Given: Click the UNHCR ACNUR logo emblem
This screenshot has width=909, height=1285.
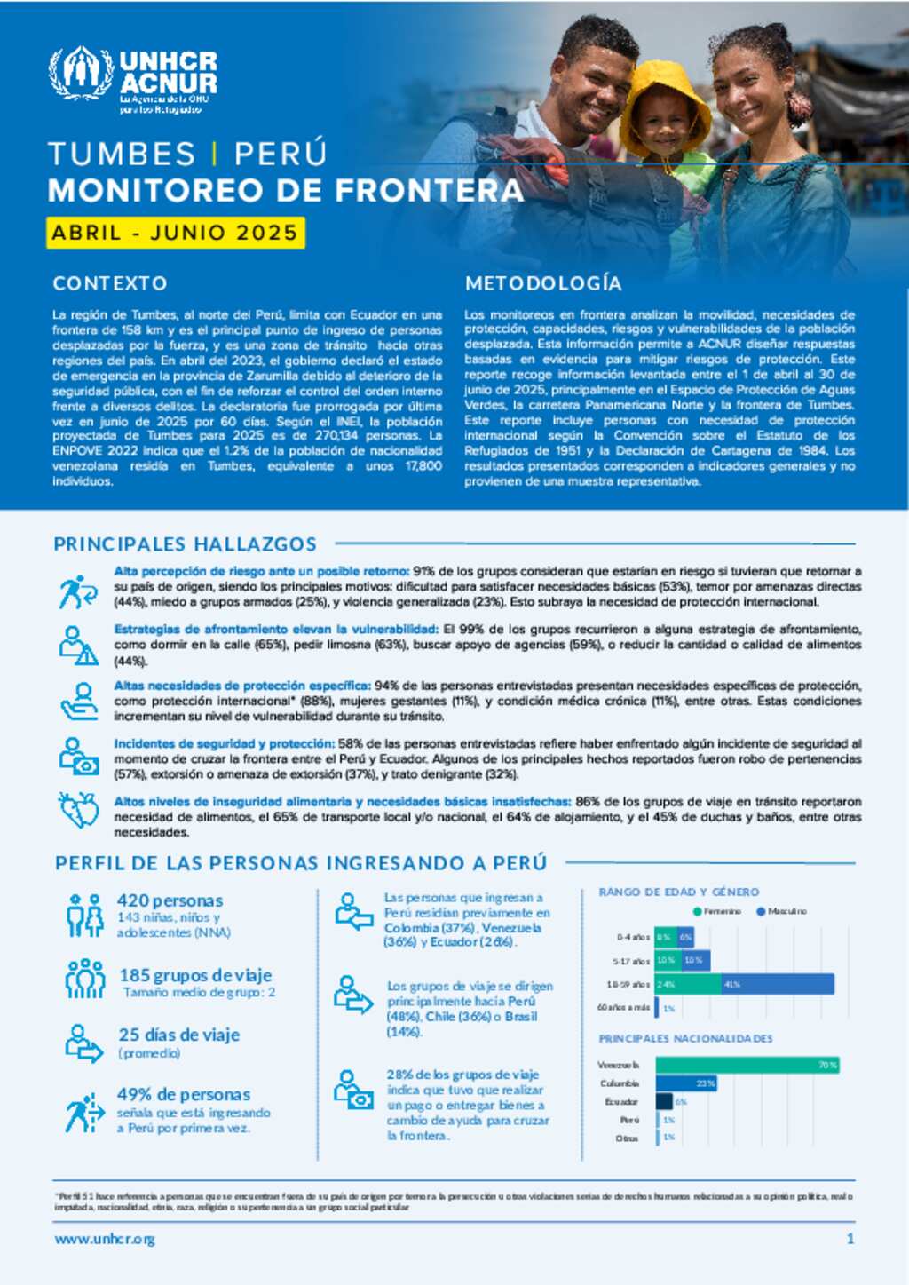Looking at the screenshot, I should tap(81, 73).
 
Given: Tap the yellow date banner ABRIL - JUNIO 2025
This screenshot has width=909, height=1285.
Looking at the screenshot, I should tap(175, 233).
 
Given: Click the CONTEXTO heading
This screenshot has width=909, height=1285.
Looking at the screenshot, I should tap(110, 283).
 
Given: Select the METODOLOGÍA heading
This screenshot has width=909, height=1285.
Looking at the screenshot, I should tap(543, 283).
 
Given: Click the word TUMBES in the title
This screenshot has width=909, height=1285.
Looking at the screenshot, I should tap(122, 154).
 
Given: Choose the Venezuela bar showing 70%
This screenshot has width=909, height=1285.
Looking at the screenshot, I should tap(747, 1065).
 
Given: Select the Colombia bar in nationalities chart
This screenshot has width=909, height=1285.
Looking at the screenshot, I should tap(685, 1083).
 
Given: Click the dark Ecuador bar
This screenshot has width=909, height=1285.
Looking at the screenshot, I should tap(664, 1101).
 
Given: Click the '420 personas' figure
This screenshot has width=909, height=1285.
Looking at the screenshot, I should tap(170, 900).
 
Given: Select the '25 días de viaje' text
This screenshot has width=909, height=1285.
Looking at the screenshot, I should tap(178, 1035).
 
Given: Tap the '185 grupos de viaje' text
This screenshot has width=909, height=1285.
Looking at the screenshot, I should tap(195, 975).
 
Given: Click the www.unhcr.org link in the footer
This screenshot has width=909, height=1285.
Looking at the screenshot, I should tap(105, 1239).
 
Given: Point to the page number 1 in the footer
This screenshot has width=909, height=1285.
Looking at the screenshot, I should tap(850, 1239).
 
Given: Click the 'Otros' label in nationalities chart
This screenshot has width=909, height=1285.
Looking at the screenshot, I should tap(627, 1138).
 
